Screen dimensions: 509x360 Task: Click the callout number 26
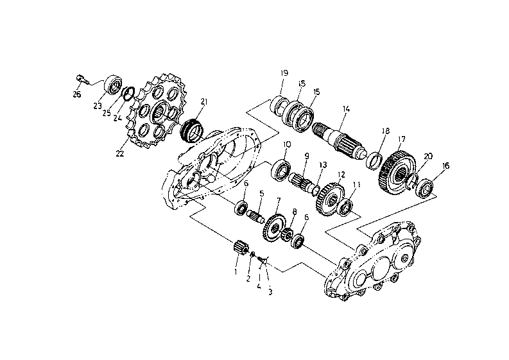point(76,94)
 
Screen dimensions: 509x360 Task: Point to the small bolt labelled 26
point(82,79)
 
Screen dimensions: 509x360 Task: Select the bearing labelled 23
point(113,85)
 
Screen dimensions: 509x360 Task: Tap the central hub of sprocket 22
point(161,112)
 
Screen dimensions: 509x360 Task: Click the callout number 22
point(120,153)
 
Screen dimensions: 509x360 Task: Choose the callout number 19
point(284,73)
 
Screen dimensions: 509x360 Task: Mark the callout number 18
point(385,131)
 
